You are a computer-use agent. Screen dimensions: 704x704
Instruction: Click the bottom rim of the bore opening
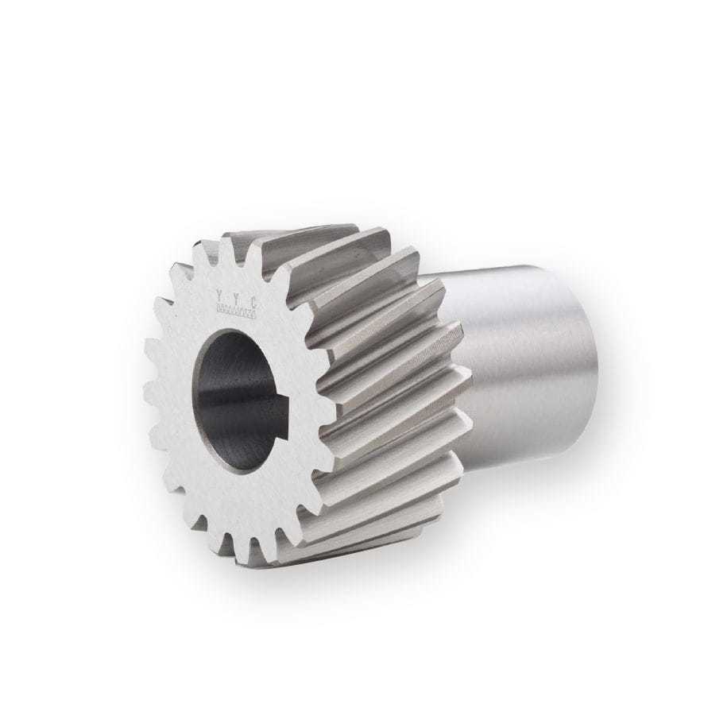pos(246,468)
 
